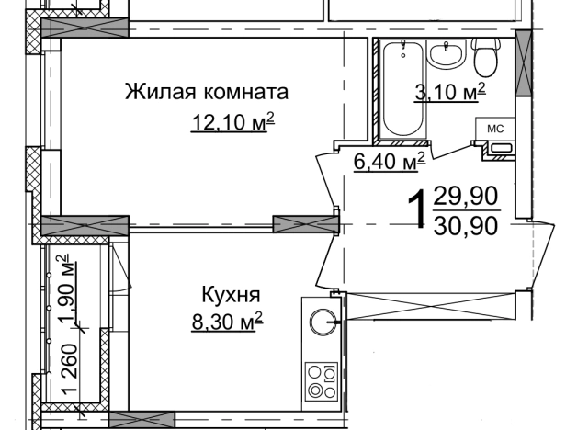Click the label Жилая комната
click(206, 92)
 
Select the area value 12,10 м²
click(232, 122)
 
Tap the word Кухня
click(232, 295)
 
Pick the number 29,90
click(468, 195)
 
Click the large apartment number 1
click(417, 209)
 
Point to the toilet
click(484, 57)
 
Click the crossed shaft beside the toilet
click(524, 61)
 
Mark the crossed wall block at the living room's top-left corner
click(82, 27)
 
